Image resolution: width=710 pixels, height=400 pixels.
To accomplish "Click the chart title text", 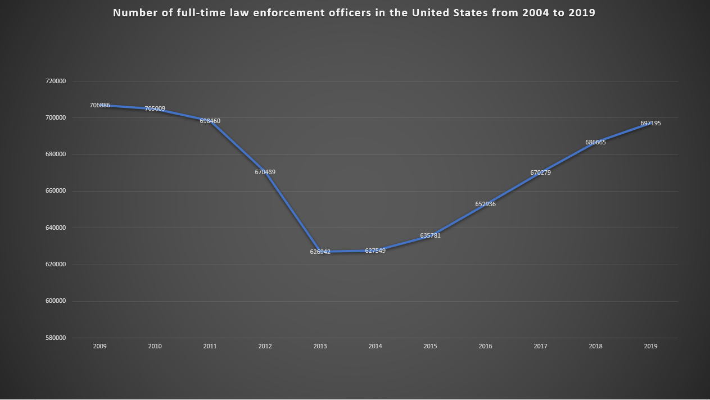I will tap(354, 13).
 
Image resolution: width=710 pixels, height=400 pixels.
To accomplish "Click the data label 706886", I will tap(100, 106).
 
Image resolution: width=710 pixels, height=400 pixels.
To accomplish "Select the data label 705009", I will tap(155, 109).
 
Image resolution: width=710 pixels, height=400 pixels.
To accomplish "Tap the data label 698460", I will tap(210, 121).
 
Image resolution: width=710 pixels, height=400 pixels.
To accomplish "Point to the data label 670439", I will tap(265, 172).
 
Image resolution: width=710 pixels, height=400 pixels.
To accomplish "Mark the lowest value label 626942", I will tap(320, 252).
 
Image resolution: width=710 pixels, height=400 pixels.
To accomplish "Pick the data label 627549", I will tap(376, 251).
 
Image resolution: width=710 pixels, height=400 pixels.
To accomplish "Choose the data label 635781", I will tap(431, 236).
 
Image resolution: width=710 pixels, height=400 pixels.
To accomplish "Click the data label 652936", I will tap(486, 204).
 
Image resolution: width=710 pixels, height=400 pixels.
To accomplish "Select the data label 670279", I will tap(541, 173).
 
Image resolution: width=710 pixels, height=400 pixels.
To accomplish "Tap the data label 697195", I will tap(651, 124).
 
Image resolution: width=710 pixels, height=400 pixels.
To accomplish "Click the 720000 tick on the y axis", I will tap(56, 81).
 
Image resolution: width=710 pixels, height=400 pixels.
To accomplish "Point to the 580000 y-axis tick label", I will tap(56, 338).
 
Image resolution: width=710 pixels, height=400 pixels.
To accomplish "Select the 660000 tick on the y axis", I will tap(56, 191).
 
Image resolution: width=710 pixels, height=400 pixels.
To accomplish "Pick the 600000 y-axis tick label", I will tap(56, 301).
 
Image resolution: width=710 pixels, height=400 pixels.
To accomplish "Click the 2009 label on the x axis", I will tap(100, 347).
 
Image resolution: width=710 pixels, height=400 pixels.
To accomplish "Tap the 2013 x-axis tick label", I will tap(320, 347).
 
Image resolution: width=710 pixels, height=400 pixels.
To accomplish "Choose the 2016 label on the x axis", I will tap(486, 347).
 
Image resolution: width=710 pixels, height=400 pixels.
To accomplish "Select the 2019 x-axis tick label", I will tap(651, 347).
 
